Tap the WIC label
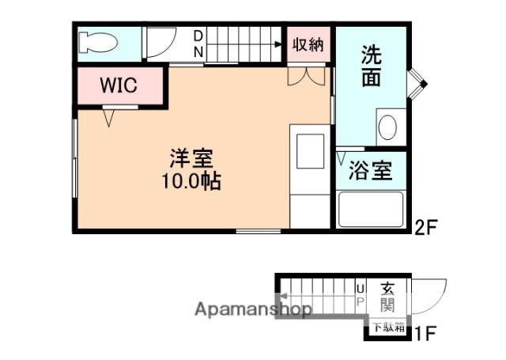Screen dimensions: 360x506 pos(119,85)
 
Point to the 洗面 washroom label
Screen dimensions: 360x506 pos(372,66)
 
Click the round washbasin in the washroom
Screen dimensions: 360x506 pos(387,127)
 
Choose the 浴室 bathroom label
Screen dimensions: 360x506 pos(371,171)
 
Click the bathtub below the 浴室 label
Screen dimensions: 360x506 pos(371,210)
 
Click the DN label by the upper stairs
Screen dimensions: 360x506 pos(198,44)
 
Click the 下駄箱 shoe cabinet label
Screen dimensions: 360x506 pos(388,326)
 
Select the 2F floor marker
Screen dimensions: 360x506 pos(425,229)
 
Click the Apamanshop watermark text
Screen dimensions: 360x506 pos(253,309)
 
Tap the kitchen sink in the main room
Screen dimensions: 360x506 pos(309,151)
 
